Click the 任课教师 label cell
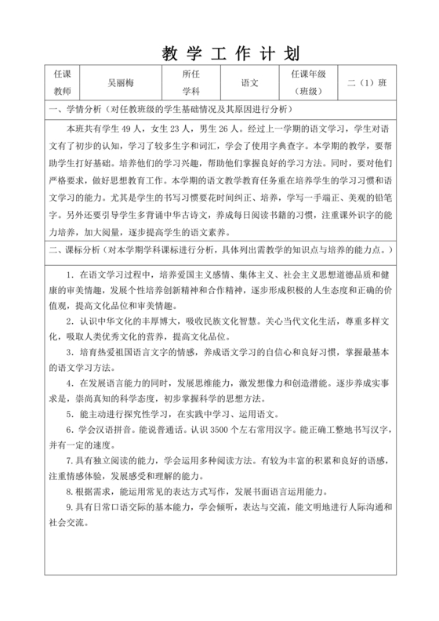pyautogui.click(x=61, y=82)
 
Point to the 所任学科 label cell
pyautogui.click(x=191, y=82)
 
